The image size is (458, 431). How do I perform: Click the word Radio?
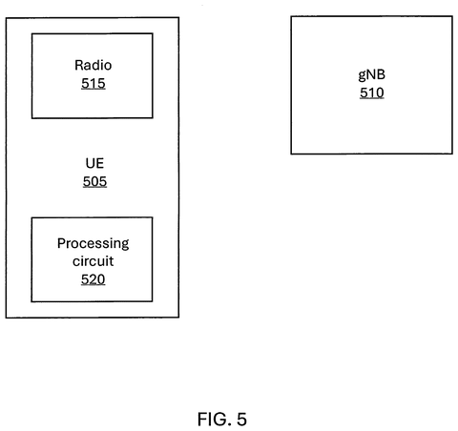click(94, 65)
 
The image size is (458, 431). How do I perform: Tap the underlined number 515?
click(94, 84)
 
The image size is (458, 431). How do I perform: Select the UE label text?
click(94, 163)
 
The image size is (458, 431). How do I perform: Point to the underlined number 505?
click(94, 182)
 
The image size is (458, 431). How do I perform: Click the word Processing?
click(94, 244)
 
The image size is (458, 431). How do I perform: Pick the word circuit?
click(93, 261)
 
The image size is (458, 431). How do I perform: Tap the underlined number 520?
click(93, 279)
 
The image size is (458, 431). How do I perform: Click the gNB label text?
click(372, 75)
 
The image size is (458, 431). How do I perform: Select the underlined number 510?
click(372, 92)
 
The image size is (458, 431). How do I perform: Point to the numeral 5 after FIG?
click(241, 420)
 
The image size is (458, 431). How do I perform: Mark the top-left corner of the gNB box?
click(291, 17)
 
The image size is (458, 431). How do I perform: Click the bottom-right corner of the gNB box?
click(452, 154)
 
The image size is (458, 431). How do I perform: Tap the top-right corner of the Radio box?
click(153, 33)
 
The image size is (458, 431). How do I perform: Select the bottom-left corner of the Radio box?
click(32, 118)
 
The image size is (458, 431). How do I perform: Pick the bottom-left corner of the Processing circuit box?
click(31, 301)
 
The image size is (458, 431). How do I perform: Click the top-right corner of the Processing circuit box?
click(152, 217)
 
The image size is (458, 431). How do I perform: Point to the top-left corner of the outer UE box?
click(7, 18)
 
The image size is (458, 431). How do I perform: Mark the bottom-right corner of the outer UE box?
click(178, 317)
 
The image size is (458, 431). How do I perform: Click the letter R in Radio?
click(78, 65)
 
